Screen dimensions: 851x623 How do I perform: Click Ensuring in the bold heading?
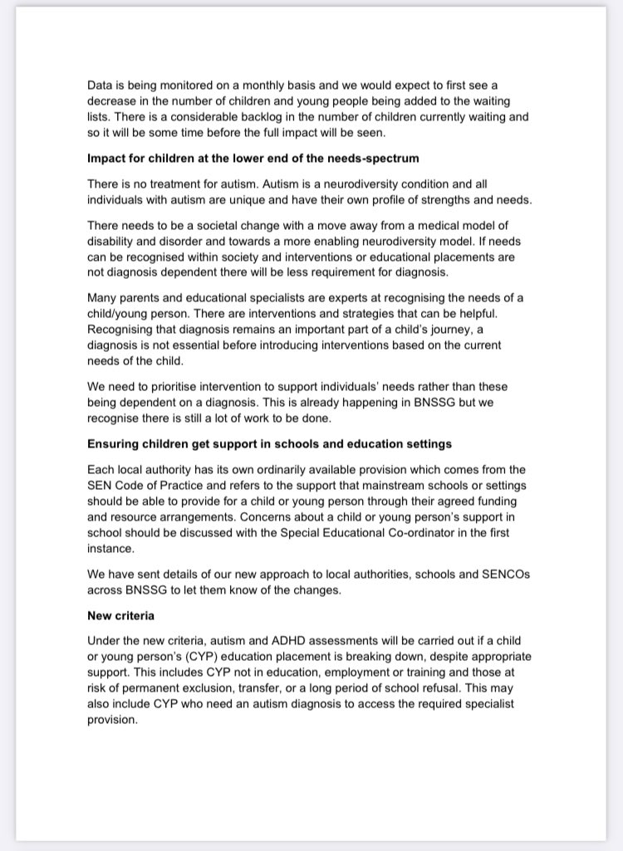pyautogui.click(x=113, y=444)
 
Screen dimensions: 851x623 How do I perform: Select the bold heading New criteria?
pyautogui.click(x=121, y=615)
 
